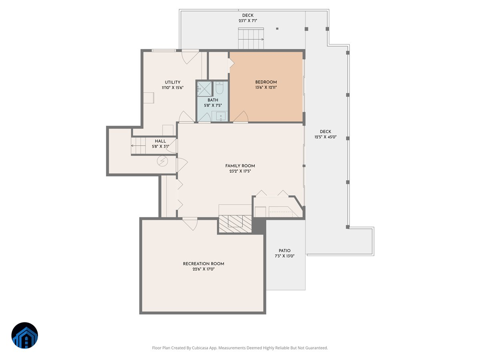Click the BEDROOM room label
click(266, 82)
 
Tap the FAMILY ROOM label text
click(240, 166)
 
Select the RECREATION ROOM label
click(203, 264)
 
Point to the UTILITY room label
click(172, 82)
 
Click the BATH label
click(213, 100)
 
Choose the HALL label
click(160, 141)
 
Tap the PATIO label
click(284, 251)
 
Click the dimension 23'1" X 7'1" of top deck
click(248, 21)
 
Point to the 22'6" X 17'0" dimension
click(203, 269)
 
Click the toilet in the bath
click(220, 88)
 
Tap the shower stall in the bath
click(204, 88)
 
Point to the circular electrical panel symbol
click(162, 161)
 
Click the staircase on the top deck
click(251, 39)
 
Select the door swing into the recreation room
click(190, 223)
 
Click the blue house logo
click(24, 335)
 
